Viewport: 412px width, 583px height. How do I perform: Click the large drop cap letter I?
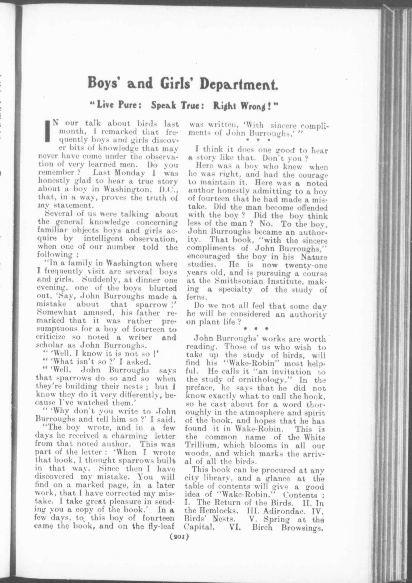click(47, 131)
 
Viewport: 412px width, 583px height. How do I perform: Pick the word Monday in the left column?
click(130, 173)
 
